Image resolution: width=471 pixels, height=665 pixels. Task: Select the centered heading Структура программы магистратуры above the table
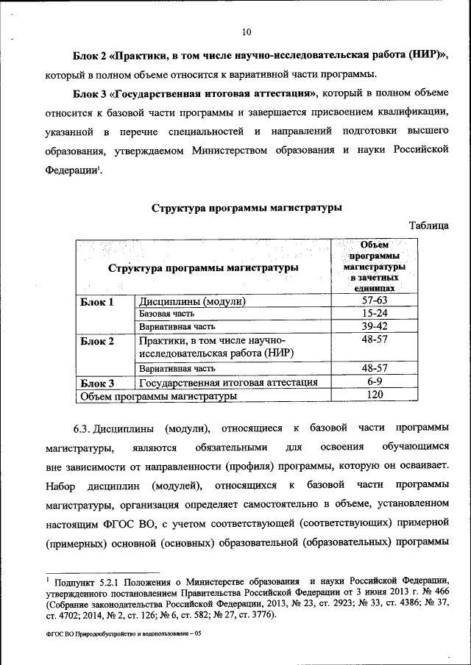[x=247, y=208]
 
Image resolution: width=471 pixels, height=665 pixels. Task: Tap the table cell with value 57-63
[x=375, y=301]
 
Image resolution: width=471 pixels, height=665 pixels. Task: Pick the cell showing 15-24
[x=375, y=314]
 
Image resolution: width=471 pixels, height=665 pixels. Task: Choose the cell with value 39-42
[x=375, y=326]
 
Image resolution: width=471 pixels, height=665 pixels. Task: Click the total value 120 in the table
[x=375, y=395]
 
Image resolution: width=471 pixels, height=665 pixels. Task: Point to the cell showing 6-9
[x=375, y=382]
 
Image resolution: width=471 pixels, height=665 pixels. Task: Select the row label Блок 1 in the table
[x=97, y=302]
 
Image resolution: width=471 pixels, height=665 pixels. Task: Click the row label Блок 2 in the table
[x=97, y=341]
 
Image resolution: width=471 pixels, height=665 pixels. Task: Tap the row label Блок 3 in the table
[x=97, y=383]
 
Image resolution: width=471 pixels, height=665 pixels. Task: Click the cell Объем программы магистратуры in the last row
[x=157, y=396]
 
